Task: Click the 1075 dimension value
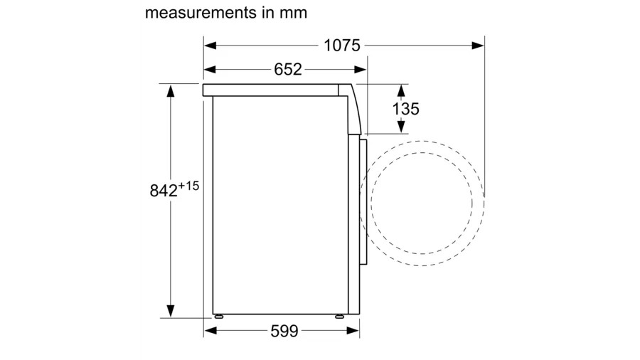(x=341, y=46)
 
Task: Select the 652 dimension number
(x=288, y=70)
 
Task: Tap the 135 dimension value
(x=406, y=109)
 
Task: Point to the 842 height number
(x=164, y=191)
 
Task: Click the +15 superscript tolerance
(x=188, y=186)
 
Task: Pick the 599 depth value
(x=284, y=331)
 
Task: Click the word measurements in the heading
(x=201, y=13)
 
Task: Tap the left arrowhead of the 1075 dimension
(x=210, y=46)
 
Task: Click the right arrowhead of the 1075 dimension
(x=478, y=46)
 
